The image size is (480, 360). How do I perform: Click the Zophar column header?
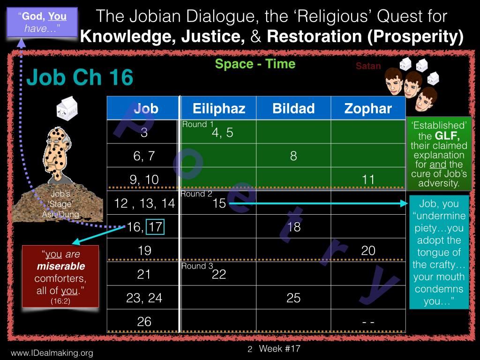point(368,109)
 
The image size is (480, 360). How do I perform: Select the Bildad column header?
point(293,109)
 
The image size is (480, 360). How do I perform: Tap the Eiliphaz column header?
point(219,109)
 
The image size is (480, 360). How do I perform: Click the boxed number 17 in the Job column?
point(155,227)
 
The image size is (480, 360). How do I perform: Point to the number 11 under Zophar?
point(368,180)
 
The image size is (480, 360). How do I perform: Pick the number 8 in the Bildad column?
point(293,156)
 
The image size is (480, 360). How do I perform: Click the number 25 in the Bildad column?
point(293,298)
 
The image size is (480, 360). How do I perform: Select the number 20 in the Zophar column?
point(368,251)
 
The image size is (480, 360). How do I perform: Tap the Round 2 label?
point(196,194)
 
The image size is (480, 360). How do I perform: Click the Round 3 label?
point(197,266)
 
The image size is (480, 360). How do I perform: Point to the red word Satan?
point(368,66)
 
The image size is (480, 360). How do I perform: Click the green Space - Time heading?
point(255,64)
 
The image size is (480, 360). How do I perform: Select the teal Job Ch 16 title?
point(80,77)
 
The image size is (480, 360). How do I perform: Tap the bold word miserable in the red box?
point(61,266)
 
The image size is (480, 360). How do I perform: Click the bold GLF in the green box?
point(447,135)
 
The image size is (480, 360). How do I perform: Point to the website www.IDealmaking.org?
point(52,353)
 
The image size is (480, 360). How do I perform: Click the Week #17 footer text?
point(279,349)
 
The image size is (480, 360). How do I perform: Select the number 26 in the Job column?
point(144,322)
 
